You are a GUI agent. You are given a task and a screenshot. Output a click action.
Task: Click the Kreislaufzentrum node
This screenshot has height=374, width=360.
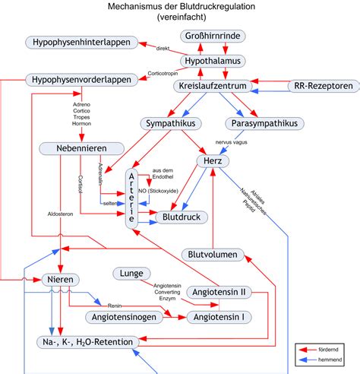coord(213,87)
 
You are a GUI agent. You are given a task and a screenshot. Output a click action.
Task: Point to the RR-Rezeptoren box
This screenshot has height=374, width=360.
coord(323,87)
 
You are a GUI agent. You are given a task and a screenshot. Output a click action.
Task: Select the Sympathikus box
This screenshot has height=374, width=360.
coord(172,123)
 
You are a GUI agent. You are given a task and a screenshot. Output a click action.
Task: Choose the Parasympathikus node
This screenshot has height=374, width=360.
coord(264,123)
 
